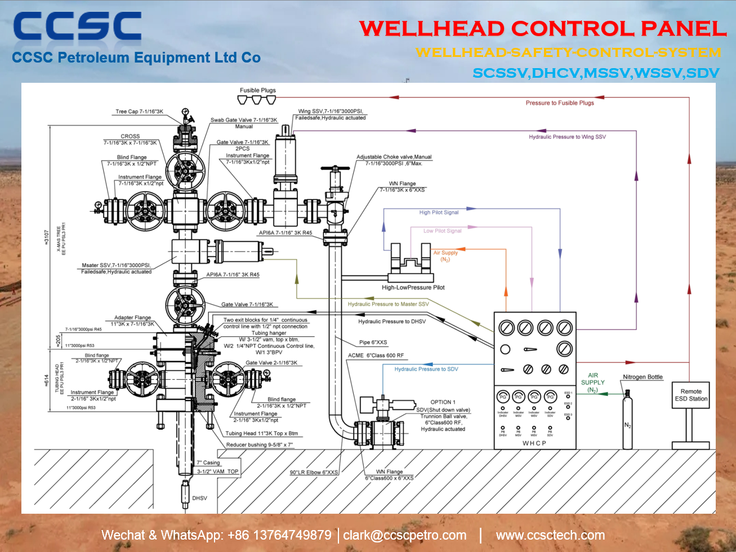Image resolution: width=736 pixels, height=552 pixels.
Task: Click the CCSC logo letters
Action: pos(77,28)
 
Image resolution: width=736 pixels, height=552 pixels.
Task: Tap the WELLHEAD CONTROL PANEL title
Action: pos(543,29)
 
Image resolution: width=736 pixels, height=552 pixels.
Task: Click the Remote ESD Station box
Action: pos(691,395)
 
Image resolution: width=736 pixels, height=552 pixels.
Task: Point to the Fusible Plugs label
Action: pos(257,90)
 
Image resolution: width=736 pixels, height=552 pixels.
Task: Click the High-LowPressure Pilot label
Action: pos(413,287)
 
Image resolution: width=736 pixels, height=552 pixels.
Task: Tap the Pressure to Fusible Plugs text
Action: pos(559,103)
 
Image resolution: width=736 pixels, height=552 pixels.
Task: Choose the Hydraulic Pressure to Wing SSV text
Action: pos(567,137)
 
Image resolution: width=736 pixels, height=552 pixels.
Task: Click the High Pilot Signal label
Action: pos(439,212)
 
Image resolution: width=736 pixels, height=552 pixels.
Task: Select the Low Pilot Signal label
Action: pos(442,231)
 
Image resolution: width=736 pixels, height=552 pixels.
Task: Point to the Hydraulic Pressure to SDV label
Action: pos(426,369)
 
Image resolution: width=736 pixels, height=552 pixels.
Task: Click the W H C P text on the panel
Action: pos(534,443)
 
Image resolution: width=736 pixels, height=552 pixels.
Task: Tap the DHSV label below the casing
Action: pos(199,498)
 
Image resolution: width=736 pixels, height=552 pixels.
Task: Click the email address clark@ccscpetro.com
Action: pos(405,535)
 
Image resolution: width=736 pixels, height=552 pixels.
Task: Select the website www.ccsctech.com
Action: pos(550,535)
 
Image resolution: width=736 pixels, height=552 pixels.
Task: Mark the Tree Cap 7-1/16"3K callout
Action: pos(139,112)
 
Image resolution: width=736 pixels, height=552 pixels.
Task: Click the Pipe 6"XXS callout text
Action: pos(373,342)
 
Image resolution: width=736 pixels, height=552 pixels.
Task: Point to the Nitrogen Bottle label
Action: pos(643,377)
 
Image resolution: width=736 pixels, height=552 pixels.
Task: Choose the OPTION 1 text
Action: pos(443,402)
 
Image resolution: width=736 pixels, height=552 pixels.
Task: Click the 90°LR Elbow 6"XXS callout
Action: pos(314,473)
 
